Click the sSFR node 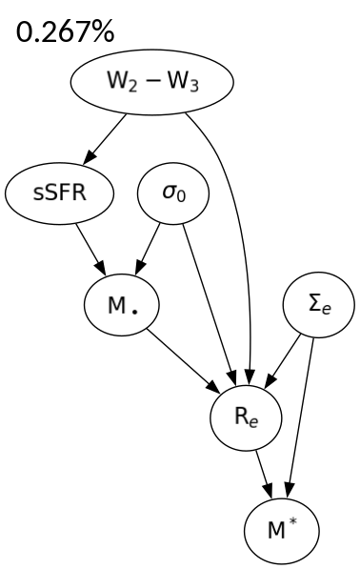click(x=59, y=193)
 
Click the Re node click(x=246, y=415)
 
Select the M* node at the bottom click(x=276, y=524)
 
